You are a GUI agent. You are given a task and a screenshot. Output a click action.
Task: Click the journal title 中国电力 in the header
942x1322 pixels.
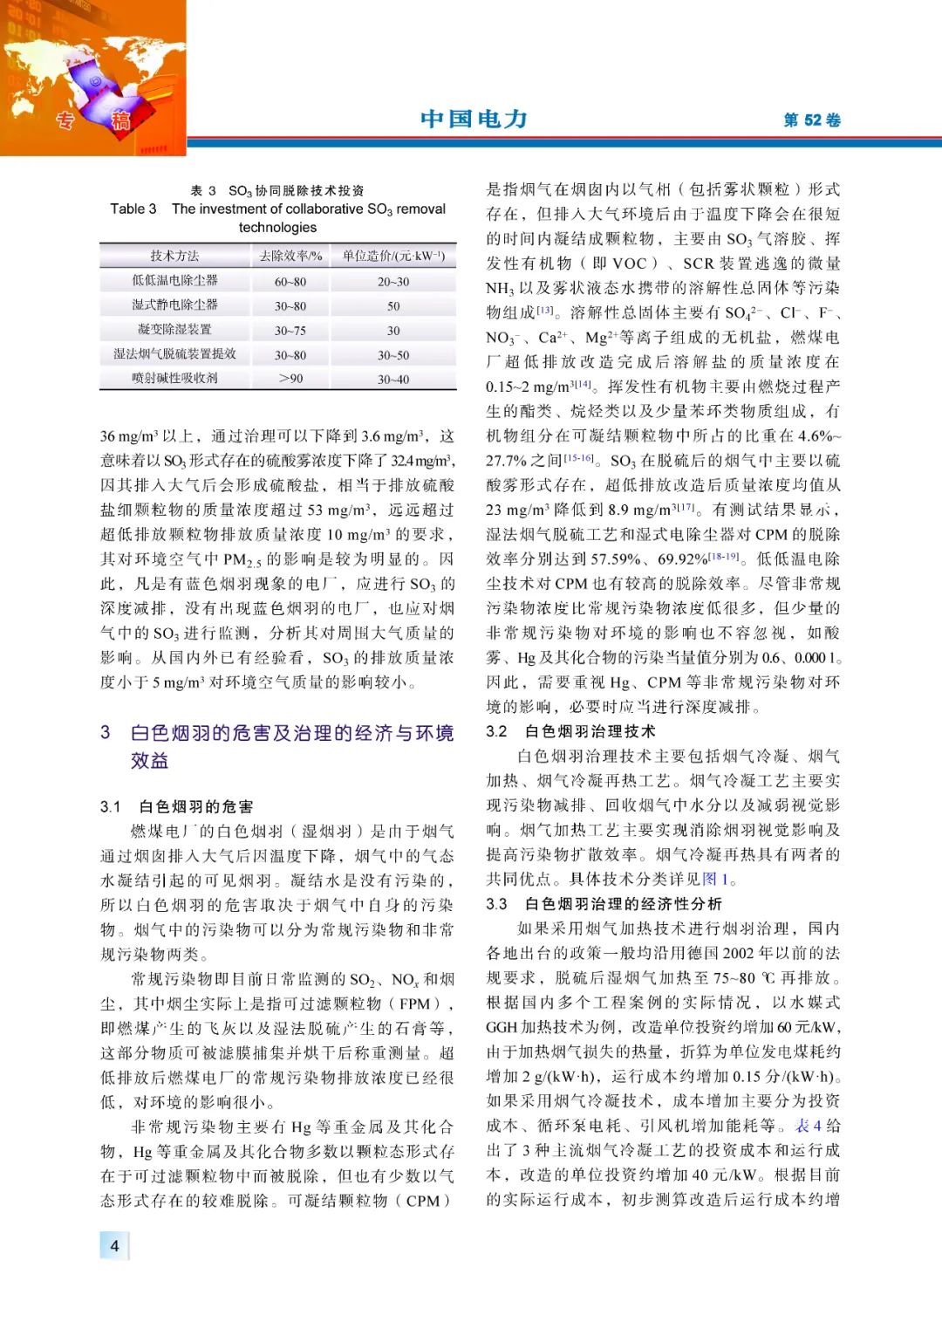click(474, 119)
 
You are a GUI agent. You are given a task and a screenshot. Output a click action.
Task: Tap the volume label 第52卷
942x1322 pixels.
click(811, 120)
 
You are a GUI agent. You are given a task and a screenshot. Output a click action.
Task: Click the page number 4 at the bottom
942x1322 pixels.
click(114, 1245)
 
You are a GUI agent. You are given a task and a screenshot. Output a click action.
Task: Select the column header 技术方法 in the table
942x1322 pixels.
click(174, 256)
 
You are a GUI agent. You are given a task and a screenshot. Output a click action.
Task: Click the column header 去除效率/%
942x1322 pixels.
click(290, 256)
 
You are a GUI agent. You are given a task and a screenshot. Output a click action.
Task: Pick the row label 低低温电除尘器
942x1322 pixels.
click(174, 281)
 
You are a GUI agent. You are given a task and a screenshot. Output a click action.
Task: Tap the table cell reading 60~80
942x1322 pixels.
click(290, 282)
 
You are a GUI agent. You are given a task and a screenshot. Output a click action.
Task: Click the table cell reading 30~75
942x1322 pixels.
click(290, 331)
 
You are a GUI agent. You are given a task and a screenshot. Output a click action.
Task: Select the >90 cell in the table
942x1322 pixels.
click(290, 379)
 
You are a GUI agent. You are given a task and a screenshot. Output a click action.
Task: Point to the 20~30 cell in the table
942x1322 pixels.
click(393, 282)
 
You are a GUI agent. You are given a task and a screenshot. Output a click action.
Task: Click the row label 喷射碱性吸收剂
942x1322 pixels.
click(174, 379)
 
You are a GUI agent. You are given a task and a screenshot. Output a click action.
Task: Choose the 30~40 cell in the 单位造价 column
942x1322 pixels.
click(393, 379)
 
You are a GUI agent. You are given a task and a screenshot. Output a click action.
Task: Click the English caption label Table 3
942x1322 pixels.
click(133, 209)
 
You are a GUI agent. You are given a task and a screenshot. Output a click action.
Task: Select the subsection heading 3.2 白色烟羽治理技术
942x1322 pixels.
click(570, 731)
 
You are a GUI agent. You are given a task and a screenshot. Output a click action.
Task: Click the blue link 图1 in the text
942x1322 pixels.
click(715, 879)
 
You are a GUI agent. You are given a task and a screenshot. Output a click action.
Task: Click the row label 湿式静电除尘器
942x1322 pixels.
click(174, 305)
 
